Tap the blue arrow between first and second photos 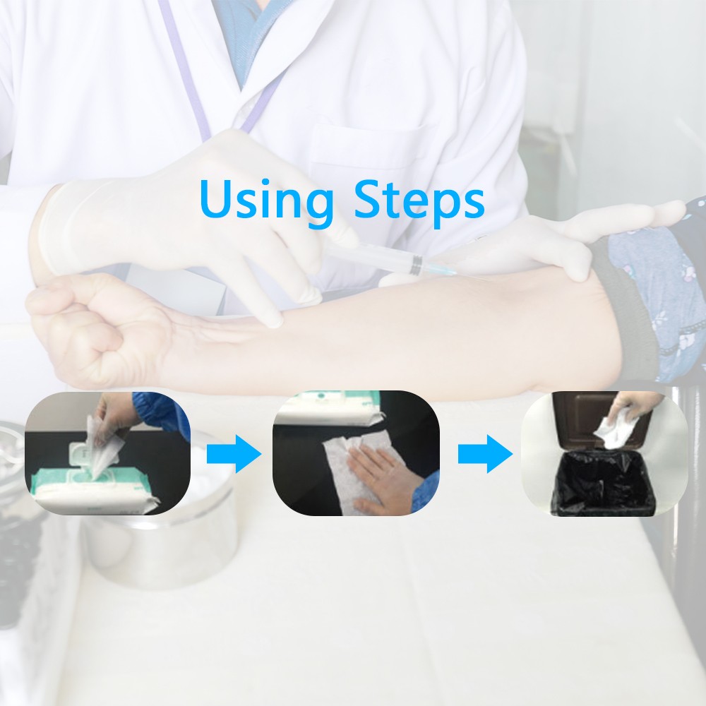coord(234,454)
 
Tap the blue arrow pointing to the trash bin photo coord(486,454)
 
